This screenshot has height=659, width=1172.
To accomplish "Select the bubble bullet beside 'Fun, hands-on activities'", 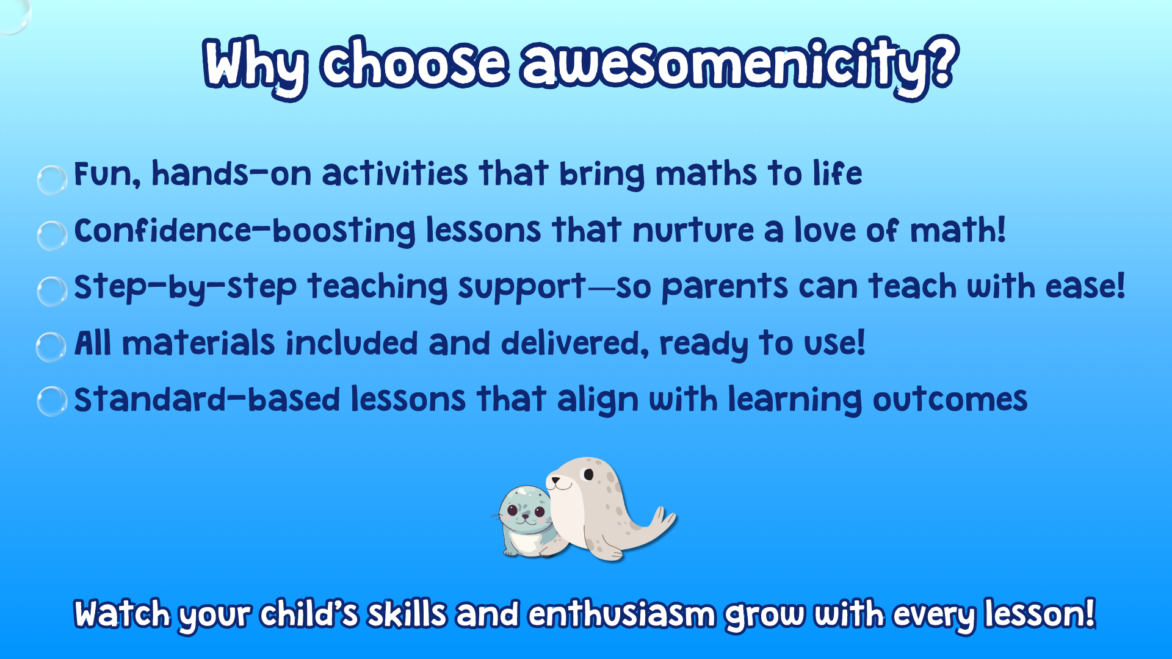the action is click(52, 179).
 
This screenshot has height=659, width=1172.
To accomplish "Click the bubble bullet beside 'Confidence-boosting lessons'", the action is click(52, 236).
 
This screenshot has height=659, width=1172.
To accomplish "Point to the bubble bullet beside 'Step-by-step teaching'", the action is click(52, 291).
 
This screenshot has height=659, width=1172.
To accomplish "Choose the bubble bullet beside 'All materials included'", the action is click(51, 347).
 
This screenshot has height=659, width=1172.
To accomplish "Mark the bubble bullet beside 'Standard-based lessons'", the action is click(52, 401).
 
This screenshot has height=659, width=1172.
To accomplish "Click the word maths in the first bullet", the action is click(706, 174).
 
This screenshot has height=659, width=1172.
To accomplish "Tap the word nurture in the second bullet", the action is click(693, 231).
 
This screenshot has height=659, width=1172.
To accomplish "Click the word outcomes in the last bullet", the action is click(950, 401).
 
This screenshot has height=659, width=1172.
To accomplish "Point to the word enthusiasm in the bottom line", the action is click(621, 614).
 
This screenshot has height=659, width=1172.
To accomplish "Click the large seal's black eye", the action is click(588, 475).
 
